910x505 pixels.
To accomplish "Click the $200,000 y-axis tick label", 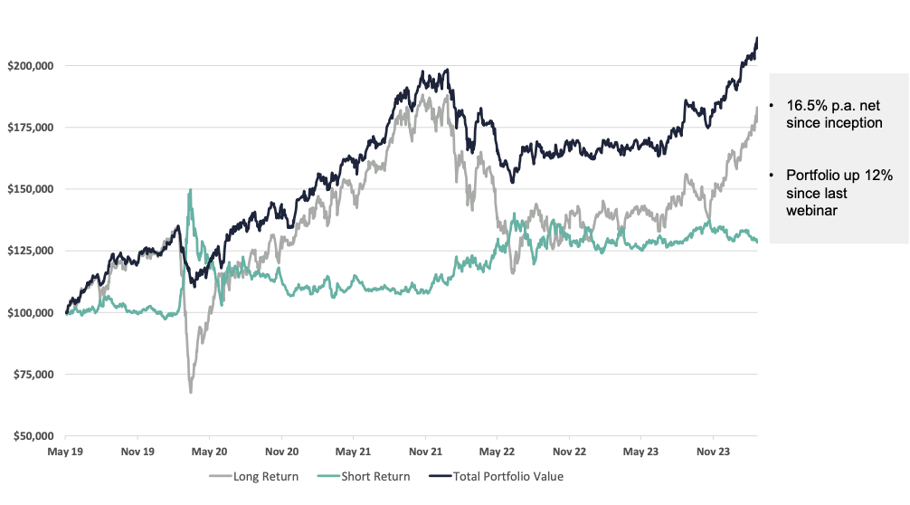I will (32, 66).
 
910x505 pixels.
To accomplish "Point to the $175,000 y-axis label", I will (32, 128).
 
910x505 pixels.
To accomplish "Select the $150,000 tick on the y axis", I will (32, 189).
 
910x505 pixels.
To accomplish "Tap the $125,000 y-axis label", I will (32, 251).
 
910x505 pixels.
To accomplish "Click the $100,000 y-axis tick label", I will (32, 312).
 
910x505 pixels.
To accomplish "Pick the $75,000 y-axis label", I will (34, 374).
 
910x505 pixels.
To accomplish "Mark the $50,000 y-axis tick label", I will (34, 435).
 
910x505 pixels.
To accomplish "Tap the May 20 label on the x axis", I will (209, 450).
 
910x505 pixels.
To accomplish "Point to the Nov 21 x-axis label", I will (424, 450).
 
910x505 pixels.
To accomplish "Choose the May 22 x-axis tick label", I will (497, 450).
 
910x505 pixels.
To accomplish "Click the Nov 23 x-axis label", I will (712, 450).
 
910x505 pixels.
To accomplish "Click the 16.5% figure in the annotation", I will (807, 107).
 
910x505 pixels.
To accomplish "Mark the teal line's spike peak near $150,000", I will (190, 190).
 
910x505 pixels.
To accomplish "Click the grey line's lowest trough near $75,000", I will (191, 392).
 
